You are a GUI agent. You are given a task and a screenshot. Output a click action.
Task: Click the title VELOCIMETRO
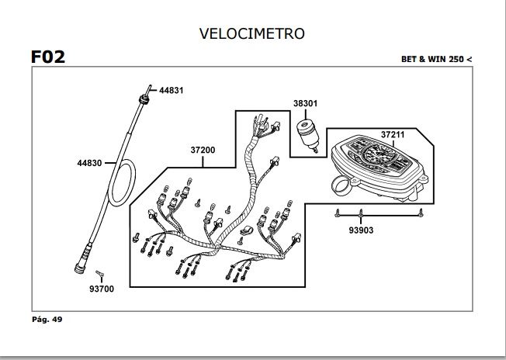[251, 33]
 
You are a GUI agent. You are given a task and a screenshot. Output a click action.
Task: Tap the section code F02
[47, 57]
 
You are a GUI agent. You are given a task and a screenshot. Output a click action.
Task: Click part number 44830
[89, 164]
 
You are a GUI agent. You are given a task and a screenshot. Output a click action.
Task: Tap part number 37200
[203, 151]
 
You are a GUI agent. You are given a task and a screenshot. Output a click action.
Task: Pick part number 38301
[305, 102]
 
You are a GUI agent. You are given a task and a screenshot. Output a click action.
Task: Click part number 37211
[393, 135]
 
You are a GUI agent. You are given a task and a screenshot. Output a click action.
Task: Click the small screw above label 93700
[99, 273]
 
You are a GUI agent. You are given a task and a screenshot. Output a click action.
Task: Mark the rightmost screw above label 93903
[420, 211]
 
